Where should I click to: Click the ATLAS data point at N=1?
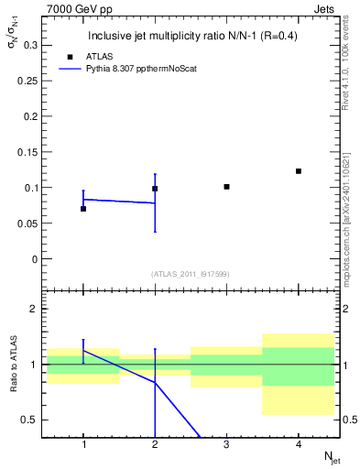(83, 209)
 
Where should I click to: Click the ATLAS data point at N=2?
(155, 189)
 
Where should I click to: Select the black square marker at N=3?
(226, 187)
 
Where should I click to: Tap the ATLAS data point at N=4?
(299, 171)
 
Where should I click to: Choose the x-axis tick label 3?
(226, 444)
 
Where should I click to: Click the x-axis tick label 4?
(299, 444)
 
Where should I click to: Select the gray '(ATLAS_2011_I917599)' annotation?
(191, 275)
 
